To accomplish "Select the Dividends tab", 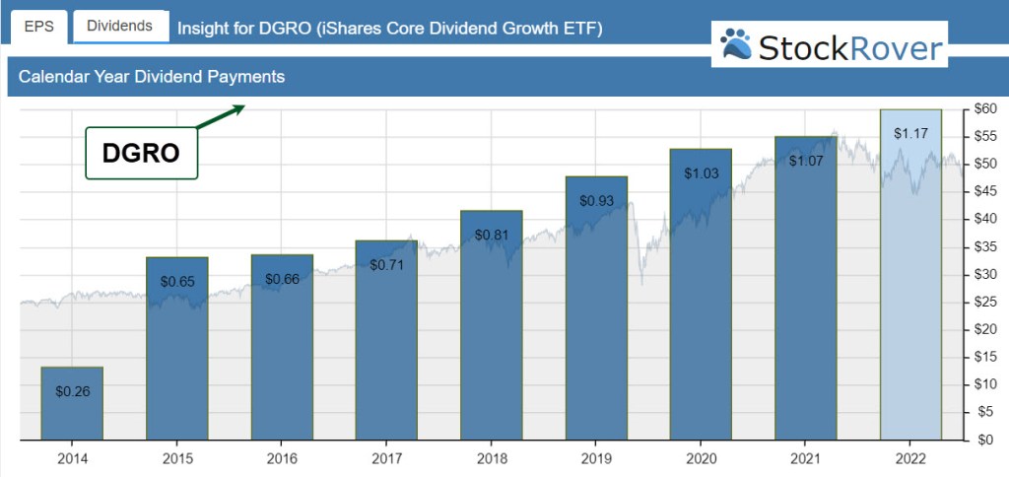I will (x=119, y=26).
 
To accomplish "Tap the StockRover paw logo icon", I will (x=735, y=44).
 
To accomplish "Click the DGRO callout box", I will (x=142, y=153).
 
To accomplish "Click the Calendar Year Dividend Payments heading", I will (x=152, y=77).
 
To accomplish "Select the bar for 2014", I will (x=72, y=404).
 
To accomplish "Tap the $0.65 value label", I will (x=177, y=281).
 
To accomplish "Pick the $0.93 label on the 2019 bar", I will (x=596, y=200).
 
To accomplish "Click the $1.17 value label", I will (x=910, y=132).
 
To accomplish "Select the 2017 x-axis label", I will (x=386, y=458).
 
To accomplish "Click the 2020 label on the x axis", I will (x=701, y=458).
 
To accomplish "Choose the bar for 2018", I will (x=492, y=325).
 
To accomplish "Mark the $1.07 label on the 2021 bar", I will (x=806, y=160).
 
